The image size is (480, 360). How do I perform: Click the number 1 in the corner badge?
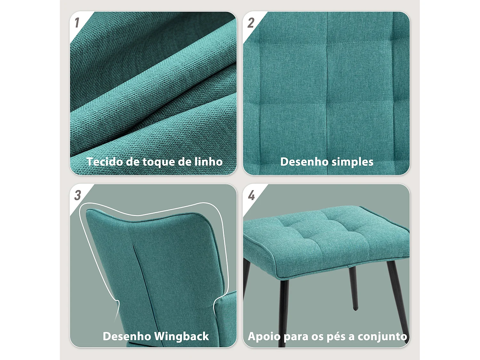pos(77,23)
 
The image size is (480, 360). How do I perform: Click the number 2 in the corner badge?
pos(251,23)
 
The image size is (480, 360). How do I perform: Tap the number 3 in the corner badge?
pos(77,195)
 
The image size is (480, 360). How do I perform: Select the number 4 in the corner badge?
pos(252,195)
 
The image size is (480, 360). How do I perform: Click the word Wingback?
pos(181,336)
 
